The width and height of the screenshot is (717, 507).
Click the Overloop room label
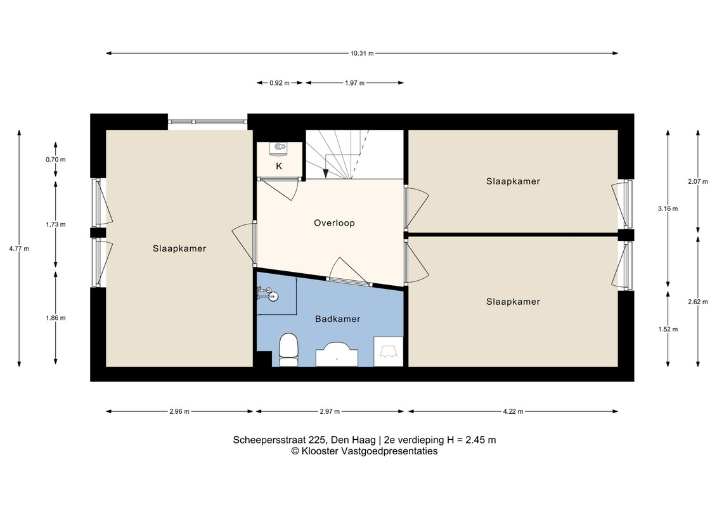point(334,223)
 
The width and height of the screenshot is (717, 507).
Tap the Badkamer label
point(337,319)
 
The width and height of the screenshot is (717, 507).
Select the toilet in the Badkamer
point(288,350)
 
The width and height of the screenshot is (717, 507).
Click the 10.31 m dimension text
point(362,53)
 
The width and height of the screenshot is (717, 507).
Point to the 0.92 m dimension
point(280,83)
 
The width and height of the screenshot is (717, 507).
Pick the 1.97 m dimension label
point(355,83)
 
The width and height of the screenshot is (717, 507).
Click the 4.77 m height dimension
point(19,249)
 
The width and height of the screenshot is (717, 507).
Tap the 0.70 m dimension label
point(56,160)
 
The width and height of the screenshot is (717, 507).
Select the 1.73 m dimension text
point(56,225)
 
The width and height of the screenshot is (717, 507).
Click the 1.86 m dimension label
point(56,318)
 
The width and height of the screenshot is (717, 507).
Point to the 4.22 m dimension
point(513,411)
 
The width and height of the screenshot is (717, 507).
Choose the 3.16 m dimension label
point(668,209)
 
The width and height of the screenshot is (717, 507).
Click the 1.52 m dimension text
point(668,329)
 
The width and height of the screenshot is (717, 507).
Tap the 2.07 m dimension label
point(698,181)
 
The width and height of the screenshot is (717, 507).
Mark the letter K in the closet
point(279,167)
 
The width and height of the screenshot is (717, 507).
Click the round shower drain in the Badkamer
point(273,296)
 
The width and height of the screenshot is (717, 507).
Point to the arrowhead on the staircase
point(325,173)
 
